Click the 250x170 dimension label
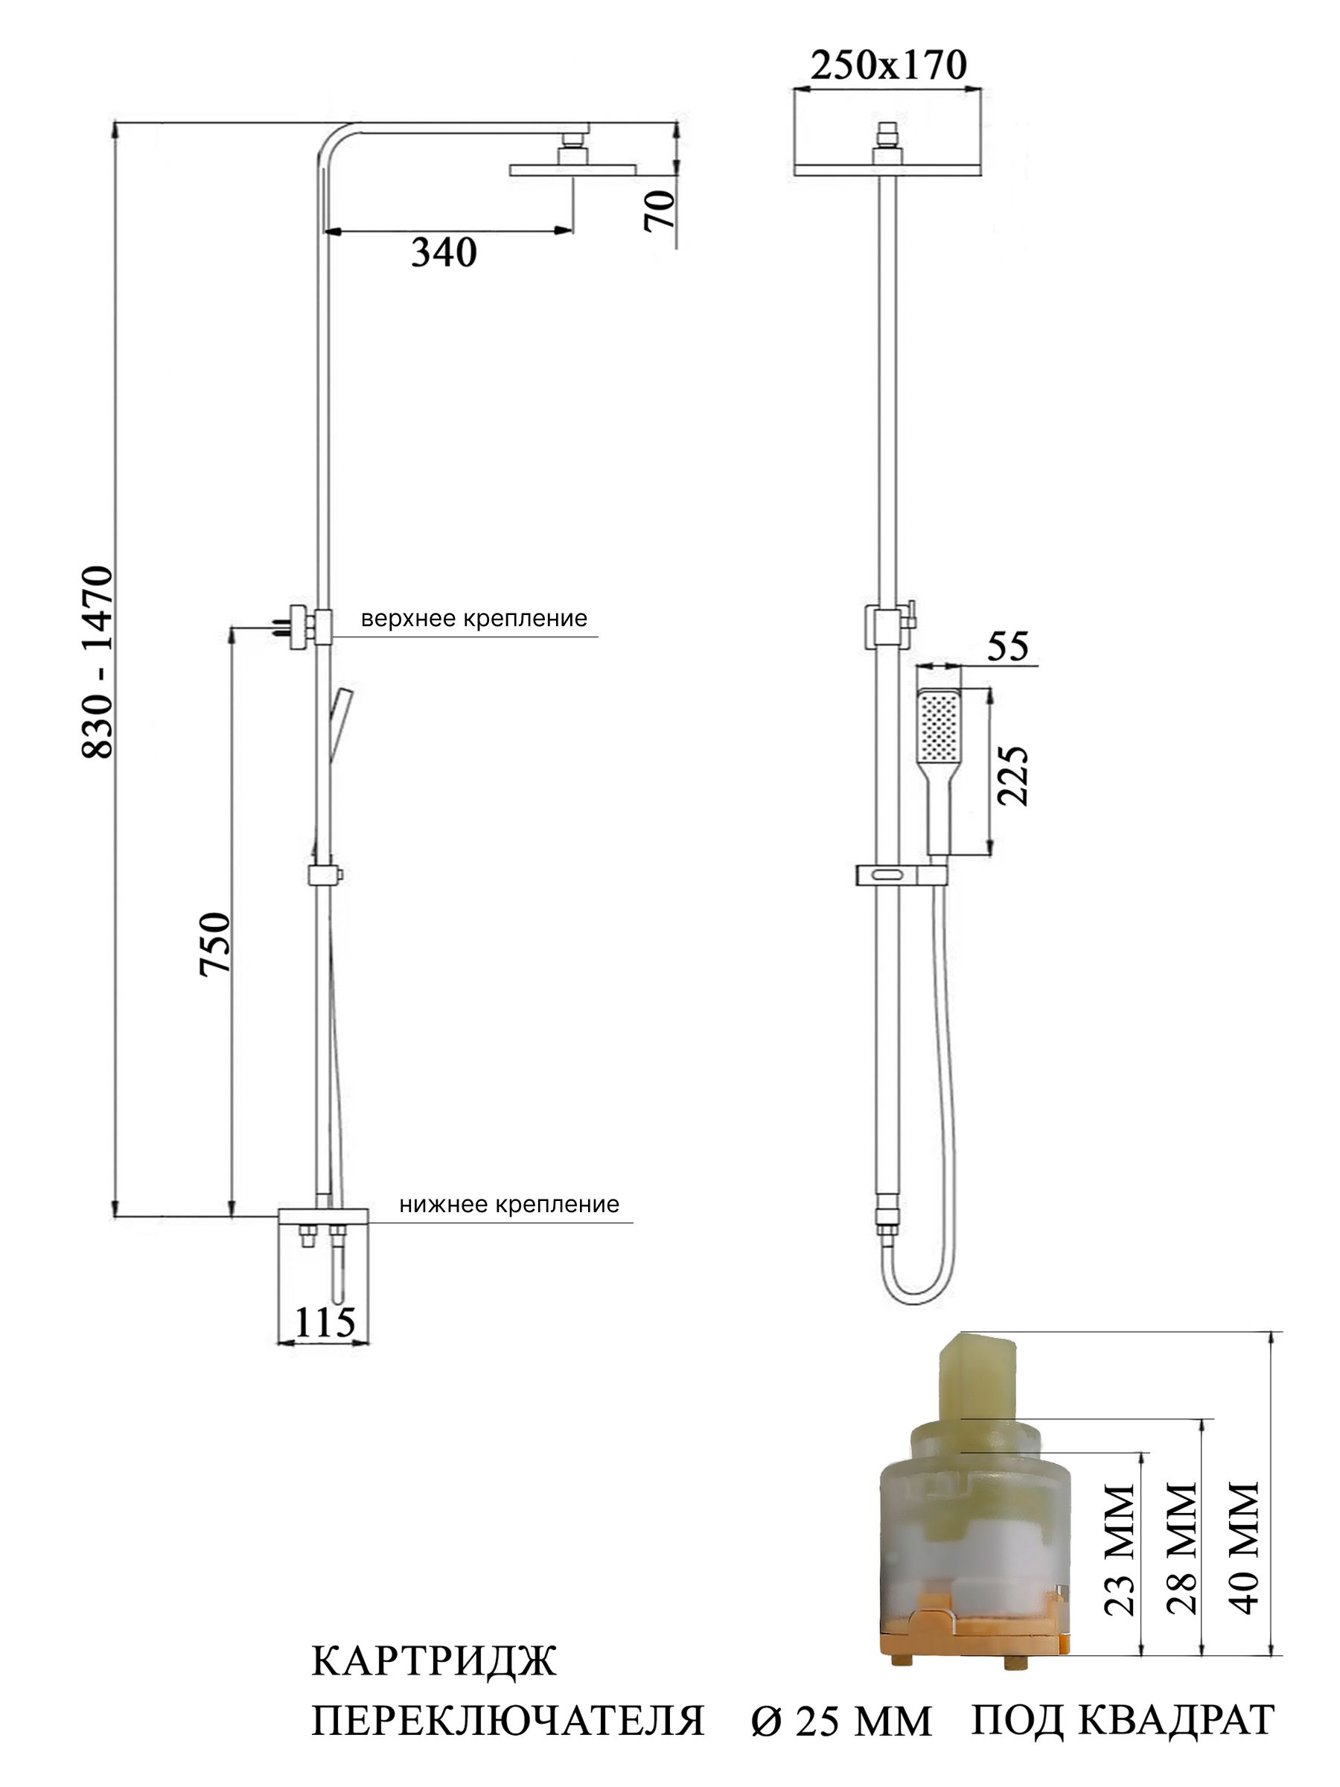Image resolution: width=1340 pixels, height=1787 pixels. [x=887, y=65]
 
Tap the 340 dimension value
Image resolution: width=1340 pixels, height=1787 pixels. [x=444, y=253]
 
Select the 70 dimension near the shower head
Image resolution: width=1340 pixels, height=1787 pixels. [x=660, y=210]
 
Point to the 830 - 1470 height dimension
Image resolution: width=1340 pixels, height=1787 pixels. [x=98, y=662]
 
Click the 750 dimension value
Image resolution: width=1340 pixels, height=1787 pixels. [x=216, y=943]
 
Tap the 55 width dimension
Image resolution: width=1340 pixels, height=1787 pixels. [x=1008, y=646]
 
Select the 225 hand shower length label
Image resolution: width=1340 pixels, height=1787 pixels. [x=1013, y=775]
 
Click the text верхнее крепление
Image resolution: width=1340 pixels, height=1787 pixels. [x=474, y=619]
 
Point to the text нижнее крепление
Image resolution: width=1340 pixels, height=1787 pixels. [x=509, y=1205]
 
